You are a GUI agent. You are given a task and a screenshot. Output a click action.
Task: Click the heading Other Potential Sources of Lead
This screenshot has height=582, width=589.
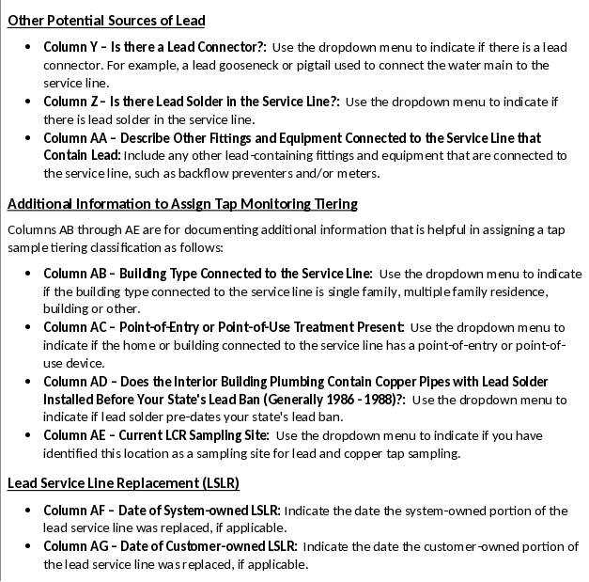coord(106,21)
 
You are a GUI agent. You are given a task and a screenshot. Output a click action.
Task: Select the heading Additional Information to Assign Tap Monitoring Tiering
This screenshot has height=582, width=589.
coord(182,204)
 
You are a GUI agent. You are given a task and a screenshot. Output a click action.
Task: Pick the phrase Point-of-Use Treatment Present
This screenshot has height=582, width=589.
coord(310,328)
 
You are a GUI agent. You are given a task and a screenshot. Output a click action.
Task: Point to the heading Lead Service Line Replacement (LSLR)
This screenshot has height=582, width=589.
coord(123,484)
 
